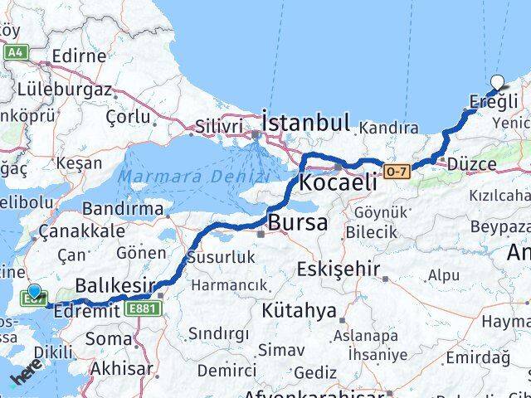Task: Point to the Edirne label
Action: [x=79, y=56]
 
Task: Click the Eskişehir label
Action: [x=339, y=269]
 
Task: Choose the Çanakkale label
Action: [x=87, y=231]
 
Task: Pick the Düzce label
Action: [x=471, y=164]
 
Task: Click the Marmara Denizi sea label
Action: [x=183, y=176]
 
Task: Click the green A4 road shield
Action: [x=15, y=51]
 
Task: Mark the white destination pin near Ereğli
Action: [x=497, y=82]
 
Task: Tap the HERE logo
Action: [x=25, y=378]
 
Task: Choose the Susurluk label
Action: [x=221, y=257]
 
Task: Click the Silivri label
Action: [x=219, y=126]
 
